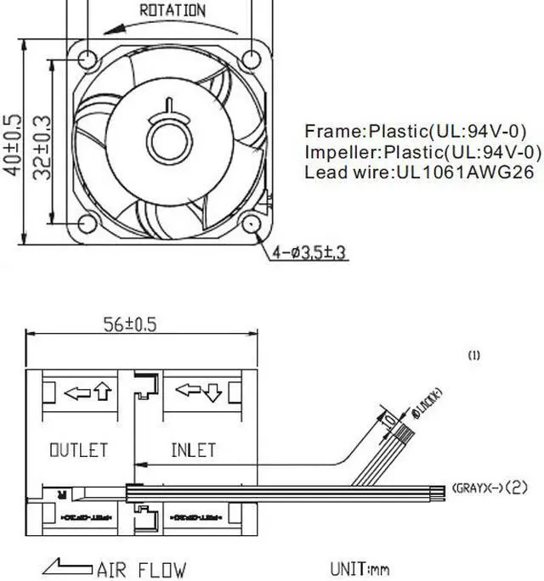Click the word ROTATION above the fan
pos(172,11)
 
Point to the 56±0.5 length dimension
pos(130,324)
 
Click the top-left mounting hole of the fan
pos(88,58)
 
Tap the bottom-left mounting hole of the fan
pos(88,223)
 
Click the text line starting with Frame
pos(416,132)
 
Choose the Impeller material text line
pos(422,152)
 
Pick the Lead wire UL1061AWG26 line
pos(419,172)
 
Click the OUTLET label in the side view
pos(78,449)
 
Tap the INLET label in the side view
pos(194,449)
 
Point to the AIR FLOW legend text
pos(140,569)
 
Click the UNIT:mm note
pos(359,568)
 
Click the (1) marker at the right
pos(474,356)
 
